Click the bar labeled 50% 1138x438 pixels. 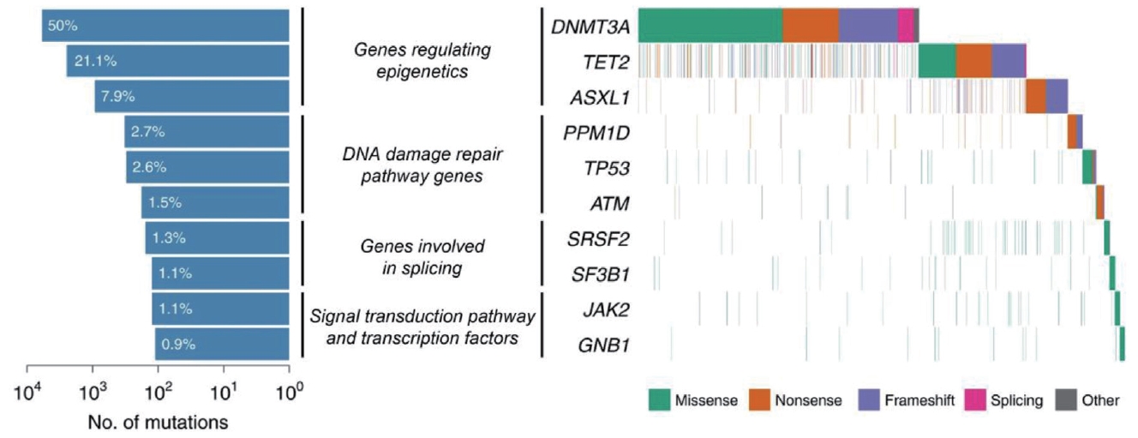pyautogui.click(x=165, y=25)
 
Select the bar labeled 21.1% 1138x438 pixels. pyautogui.click(x=177, y=60)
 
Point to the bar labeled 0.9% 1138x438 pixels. pyautogui.click(x=222, y=344)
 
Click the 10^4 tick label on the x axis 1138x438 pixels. pyautogui.click(x=27, y=396)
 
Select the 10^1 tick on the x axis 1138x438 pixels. pyautogui.click(x=224, y=396)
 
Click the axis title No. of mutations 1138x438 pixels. pyautogui.click(x=158, y=422)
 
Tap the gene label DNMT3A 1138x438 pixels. pyautogui.click(x=590, y=27)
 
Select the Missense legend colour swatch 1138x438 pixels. pyautogui.click(x=659, y=399)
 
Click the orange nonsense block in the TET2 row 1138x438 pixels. pyautogui.click(x=973, y=60)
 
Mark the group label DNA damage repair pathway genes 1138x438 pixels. pyautogui.click(x=422, y=166)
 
